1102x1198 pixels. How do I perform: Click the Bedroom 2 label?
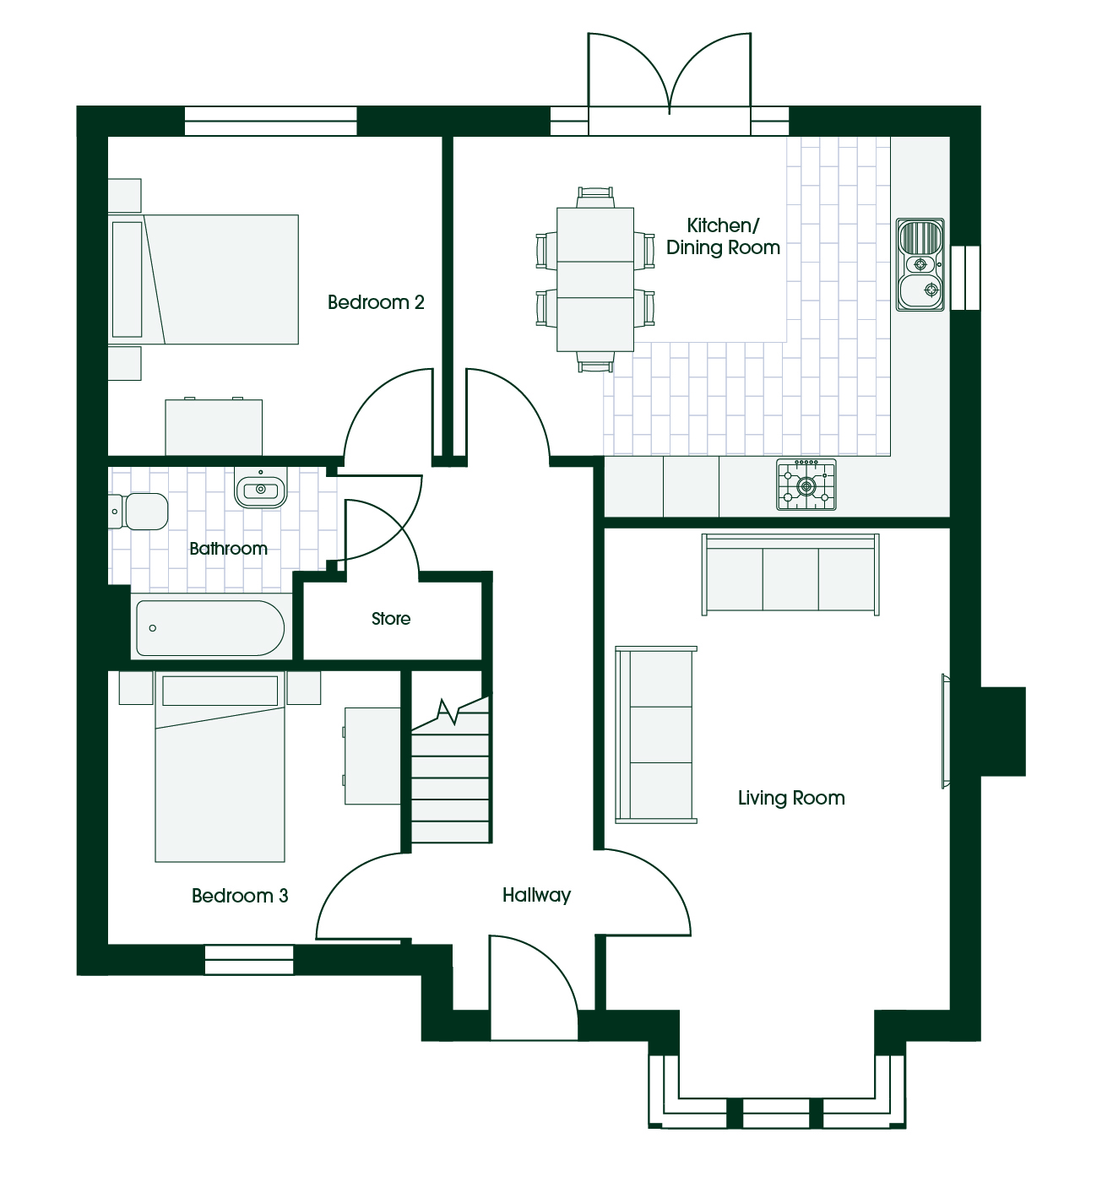(376, 302)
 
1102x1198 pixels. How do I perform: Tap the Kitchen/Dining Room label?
(723, 236)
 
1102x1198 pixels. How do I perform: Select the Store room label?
(391, 619)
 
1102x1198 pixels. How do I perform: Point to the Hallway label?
(537, 895)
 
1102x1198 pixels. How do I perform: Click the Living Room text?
(791, 798)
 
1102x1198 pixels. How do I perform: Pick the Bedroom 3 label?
(240, 896)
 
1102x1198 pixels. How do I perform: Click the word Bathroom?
(228, 548)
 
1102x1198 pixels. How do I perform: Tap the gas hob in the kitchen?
(806, 485)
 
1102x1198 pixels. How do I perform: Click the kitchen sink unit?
(920, 264)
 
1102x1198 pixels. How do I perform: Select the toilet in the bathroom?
(138, 512)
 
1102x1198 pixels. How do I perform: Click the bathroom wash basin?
(261, 487)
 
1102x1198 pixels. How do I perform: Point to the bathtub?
(210, 628)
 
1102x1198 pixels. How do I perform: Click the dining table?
(595, 279)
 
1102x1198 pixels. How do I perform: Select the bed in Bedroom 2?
(204, 279)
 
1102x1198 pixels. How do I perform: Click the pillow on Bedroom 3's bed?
(220, 691)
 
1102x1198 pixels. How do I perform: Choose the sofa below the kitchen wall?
(790, 574)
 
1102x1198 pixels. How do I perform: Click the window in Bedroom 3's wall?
(249, 960)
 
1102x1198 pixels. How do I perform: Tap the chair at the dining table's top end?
(595, 198)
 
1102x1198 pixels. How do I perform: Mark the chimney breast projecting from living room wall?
(1003, 732)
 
